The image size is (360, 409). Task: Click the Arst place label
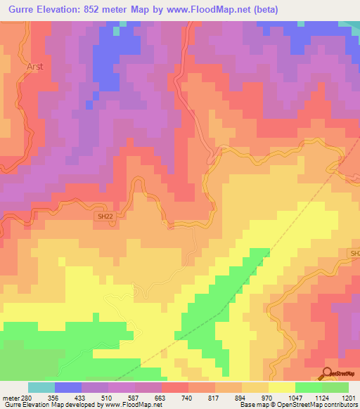coord(34,67)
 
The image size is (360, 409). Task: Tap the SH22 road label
coord(104,217)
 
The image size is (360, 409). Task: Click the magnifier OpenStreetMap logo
coord(328,374)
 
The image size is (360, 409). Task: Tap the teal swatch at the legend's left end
coord(41,387)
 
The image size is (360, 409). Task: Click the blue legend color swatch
coord(68,387)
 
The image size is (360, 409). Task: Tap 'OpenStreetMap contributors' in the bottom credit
coord(321,405)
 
